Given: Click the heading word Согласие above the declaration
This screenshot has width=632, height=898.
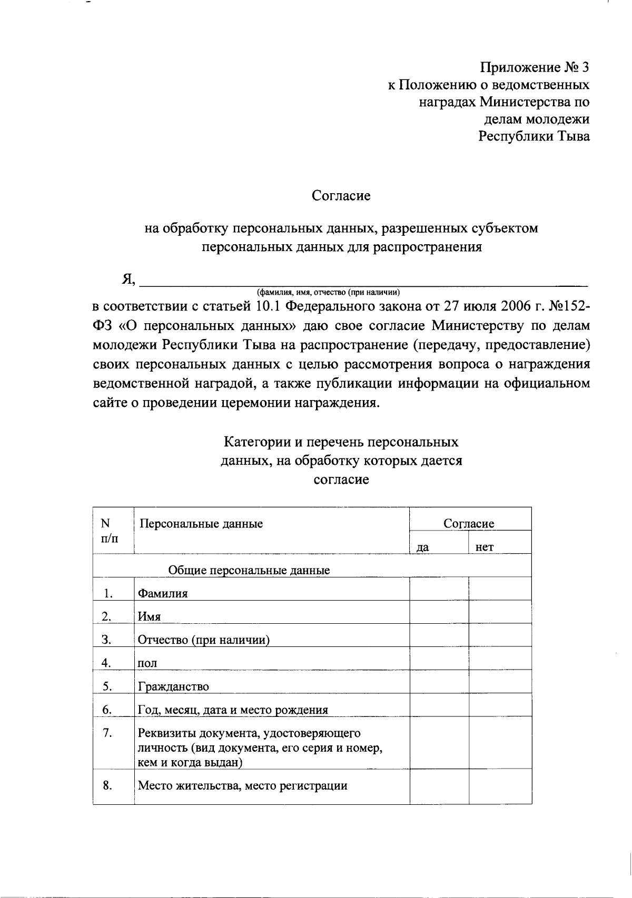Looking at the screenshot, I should pyautogui.click(x=341, y=196).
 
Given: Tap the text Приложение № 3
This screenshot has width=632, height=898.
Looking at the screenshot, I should pyautogui.click(x=534, y=67).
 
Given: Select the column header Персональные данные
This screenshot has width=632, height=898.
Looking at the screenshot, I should pyautogui.click(x=200, y=524).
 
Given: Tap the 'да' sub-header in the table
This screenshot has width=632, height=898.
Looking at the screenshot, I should pyautogui.click(x=422, y=547).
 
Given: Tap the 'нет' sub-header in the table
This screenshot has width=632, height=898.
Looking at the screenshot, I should pyautogui.click(x=484, y=547).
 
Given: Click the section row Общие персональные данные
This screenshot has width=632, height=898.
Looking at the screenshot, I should pyautogui.click(x=249, y=570).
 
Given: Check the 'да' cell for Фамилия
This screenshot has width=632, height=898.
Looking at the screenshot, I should pyautogui.click(x=439, y=589).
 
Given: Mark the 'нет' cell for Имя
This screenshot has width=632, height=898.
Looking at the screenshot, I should pyautogui.click(x=500, y=612).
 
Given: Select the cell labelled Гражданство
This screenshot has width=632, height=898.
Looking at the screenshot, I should pyautogui.click(x=173, y=686).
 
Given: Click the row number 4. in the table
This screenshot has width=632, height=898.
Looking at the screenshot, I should pyautogui.click(x=106, y=663).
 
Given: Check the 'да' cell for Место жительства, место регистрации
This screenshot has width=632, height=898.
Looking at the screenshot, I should pyautogui.click(x=439, y=786).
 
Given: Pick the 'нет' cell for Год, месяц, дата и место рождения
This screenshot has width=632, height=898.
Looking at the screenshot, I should pyautogui.click(x=500, y=705).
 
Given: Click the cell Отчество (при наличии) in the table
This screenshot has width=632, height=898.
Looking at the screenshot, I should pyautogui.click(x=204, y=640).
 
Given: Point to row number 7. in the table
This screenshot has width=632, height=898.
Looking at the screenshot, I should pyautogui.click(x=107, y=733).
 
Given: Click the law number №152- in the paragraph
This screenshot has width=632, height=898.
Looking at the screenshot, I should pyautogui.click(x=569, y=306).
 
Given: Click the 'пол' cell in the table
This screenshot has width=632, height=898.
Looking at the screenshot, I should pyautogui.click(x=147, y=663).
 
